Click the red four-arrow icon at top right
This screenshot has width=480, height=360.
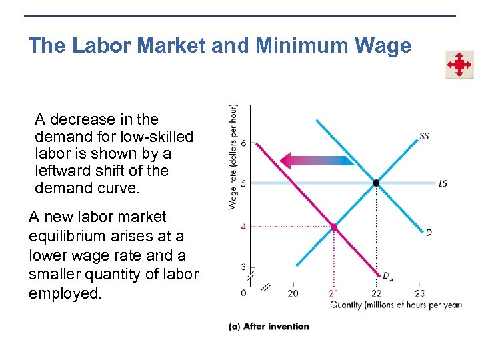459,65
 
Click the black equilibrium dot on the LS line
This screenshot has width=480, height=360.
377,183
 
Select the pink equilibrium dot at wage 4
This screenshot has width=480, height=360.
334,227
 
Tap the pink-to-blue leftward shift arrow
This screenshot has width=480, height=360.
317,160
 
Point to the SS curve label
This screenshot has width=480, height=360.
424,136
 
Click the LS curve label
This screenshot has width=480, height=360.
443,183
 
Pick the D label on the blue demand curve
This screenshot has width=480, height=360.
429,232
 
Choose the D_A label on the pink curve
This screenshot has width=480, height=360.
387,275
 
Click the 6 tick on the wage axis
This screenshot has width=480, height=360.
243,143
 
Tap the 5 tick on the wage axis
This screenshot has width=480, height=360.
243,183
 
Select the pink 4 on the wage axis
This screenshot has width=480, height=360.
243,227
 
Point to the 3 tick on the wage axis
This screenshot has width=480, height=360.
243,267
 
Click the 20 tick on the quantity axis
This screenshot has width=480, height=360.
293,293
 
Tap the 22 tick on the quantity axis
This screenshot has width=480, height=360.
377,293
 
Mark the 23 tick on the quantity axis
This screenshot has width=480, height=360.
419,293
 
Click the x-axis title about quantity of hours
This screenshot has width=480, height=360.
396,305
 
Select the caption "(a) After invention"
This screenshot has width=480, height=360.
269,326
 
